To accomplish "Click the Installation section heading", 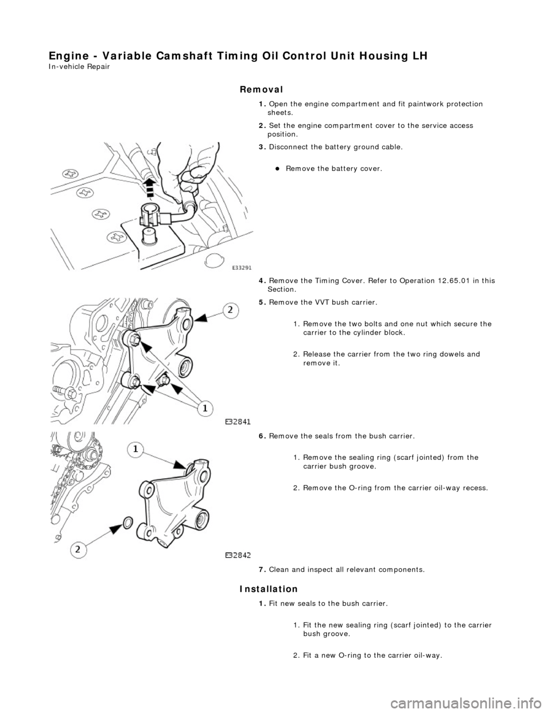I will click(x=268, y=589).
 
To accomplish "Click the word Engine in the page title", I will click(x=64, y=56).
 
